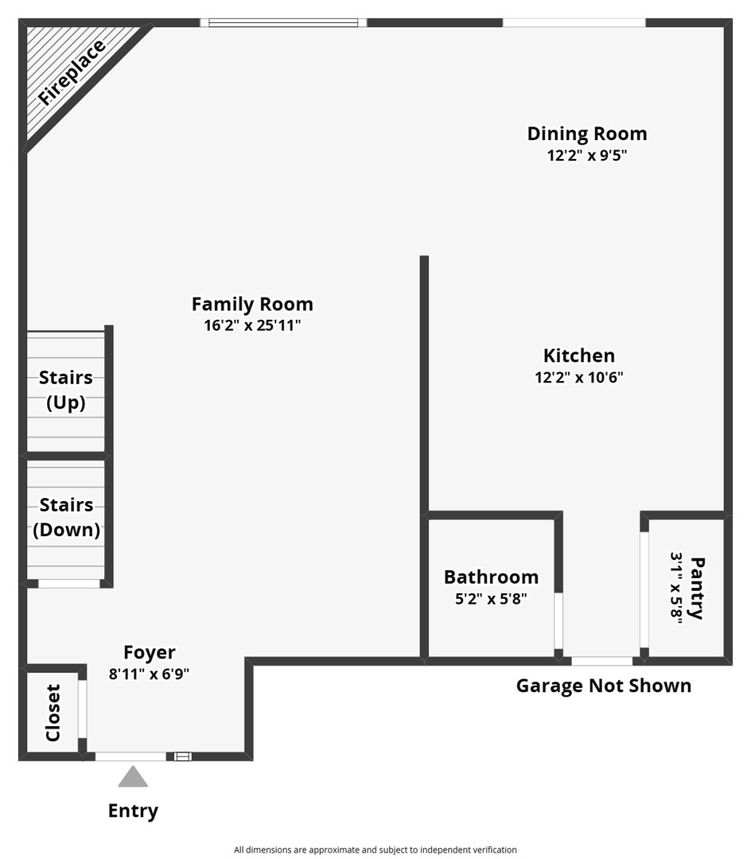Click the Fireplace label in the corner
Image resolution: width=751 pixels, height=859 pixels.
[72, 72]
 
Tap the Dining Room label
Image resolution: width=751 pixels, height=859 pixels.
[587, 133]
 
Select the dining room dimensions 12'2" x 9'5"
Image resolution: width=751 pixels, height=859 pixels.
[587, 156]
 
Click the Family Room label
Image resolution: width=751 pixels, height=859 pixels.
[252, 304]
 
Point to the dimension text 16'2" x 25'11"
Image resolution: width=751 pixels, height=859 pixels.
[252, 325]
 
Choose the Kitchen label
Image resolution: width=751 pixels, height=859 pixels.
[579, 356]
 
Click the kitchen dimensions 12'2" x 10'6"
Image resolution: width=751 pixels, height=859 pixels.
[579, 378]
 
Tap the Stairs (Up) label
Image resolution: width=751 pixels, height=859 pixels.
[66, 390]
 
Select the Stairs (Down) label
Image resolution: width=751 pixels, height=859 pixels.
[66, 517]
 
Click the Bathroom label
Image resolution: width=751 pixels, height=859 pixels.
[491, 577]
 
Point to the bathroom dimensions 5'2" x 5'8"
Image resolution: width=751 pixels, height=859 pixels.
[491, 599]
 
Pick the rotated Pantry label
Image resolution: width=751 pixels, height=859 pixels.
[698, 588]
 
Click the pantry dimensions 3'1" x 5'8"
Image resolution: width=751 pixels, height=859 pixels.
[678, 588]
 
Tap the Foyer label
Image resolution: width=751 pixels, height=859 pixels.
[150, 652]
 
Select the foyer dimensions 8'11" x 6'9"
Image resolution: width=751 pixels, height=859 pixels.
[150, 674]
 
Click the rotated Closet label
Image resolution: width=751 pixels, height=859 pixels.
[53, 713]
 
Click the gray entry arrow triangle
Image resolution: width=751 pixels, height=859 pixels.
[133, 777]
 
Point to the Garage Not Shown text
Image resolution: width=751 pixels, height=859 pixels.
[604, 686]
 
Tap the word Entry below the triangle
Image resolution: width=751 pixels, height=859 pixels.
[133, 810]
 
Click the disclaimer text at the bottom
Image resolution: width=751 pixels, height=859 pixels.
[375, 849]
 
